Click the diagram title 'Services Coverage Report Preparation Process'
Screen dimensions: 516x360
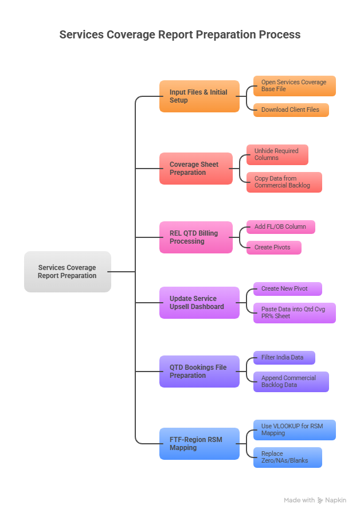[x=180, y=34]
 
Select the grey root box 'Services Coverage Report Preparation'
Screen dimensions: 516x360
[x=68, y=272]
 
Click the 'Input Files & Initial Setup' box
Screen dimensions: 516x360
[x=199, y=96]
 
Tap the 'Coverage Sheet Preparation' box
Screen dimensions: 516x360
[x=195, y=169]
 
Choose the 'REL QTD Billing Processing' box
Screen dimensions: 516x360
[x=195, y=237]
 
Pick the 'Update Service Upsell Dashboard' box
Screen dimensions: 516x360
[x=199, y=303]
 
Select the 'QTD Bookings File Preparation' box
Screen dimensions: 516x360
[x=199, y=372]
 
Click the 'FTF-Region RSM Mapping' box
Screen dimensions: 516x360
[x=199, y=444]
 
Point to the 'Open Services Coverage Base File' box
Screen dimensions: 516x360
[x=294, y=86]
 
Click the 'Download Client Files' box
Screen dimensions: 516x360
[x=291, y=110]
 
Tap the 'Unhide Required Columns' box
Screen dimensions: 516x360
[x=277, y=155]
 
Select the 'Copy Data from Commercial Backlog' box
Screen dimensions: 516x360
[x=284, y=182]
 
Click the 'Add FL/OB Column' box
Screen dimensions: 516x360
[x=280, y=227]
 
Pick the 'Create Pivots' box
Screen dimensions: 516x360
[x=273, y=248]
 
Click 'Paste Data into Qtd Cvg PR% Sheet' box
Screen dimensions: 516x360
[x=294, y=313]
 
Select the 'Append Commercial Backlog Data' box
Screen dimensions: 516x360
[x=291, y=382]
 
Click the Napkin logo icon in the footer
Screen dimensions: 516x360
[x=320, y=501]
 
